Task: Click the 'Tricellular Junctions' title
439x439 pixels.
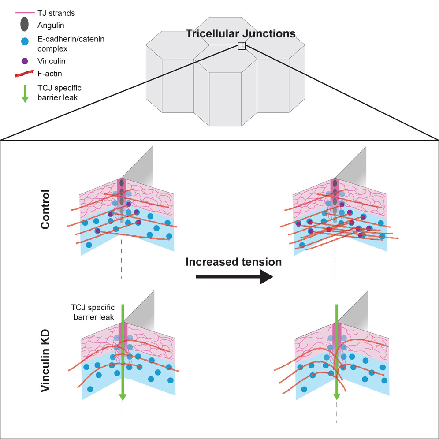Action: pos(240,33)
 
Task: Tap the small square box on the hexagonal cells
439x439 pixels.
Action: pos(241,46)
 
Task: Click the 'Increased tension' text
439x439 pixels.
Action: pos(234,262)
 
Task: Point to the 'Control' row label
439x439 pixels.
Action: pos(45,209)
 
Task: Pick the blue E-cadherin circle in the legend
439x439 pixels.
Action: pos(25,41)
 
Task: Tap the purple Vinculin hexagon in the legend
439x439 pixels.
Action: pos(25,61)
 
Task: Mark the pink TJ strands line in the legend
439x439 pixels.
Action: pos(25,13)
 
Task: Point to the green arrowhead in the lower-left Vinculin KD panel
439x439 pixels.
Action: pos(123,397)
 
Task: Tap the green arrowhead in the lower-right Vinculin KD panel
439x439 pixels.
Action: pos(337,396)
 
